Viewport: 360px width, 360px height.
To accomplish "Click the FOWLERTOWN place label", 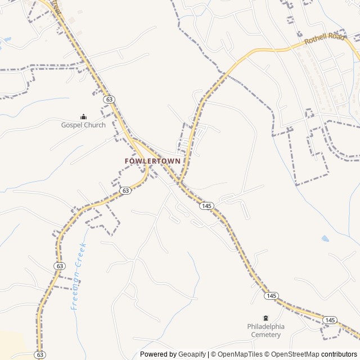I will tap(153, 161).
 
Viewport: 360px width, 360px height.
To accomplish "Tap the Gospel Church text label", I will tap(83, 125).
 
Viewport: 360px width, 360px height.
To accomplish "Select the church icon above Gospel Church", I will tap(83, 116).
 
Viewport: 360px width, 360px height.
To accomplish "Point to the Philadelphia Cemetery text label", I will tap(265, 331).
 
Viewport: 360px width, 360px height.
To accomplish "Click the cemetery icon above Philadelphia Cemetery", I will tap(265, 318).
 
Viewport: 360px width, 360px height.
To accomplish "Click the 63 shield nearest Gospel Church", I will tap(109, 99).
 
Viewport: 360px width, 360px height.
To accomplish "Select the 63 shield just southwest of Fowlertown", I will tap(125, 191).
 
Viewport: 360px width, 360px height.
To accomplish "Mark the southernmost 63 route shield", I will tap(39, 355).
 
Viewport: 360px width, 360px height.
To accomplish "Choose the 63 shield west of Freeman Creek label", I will tap(59, 265).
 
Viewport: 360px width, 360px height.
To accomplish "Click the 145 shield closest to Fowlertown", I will tap(206, 206).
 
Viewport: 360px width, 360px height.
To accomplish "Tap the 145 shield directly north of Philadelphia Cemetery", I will tap(272, 296).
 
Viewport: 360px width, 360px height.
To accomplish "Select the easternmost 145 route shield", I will tap(330, 320).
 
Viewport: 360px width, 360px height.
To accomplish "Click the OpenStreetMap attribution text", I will tap(292, 354).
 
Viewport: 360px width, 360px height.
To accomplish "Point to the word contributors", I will tap(339, 354).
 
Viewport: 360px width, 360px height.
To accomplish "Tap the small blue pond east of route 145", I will tap(325, 238).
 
